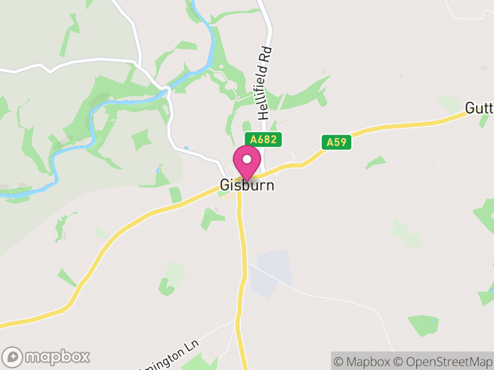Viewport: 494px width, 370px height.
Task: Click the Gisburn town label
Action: pyautogui.click(x=246, y=186)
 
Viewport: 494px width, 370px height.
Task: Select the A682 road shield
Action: pyautogui.click(x=263, y=140)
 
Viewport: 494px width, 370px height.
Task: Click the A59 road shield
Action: pyautogui.click(x=337, y=142)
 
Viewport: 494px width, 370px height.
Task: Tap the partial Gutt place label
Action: pyautogui.click(x=479, y=109)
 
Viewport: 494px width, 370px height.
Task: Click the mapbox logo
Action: pyautogui.click(x=46, y=356)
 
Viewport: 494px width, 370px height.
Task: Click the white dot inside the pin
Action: pyautogui.click(x=247, y=158)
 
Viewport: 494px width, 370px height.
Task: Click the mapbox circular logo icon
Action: pyautogui.click(x=13, y=356)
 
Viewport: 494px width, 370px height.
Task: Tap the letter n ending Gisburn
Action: pyautogui.click(x=269, y=186)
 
